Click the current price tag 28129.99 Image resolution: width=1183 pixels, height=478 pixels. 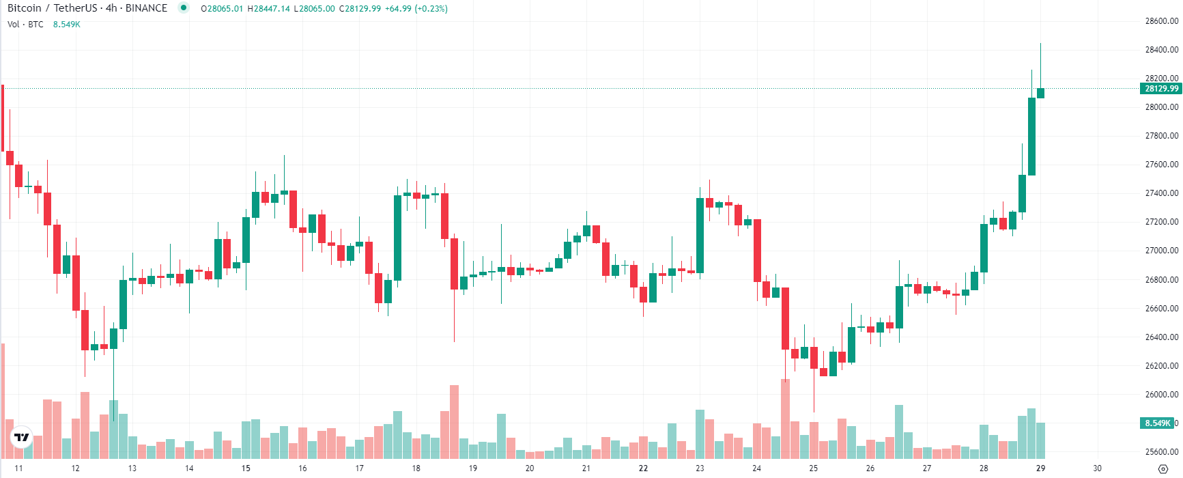click(x=1160, y=89)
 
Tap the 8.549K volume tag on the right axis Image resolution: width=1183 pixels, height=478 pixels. click(x=1158, y=423)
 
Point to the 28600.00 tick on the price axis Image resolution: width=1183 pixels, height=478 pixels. click(x=1161, y=21)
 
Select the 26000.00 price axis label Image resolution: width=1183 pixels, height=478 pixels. click(x=1161, y=395)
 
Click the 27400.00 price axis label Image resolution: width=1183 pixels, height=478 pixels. click(x=1161, y=193)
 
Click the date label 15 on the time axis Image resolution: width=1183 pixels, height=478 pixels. click(x=246, y=468)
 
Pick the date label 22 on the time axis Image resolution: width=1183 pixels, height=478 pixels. click(x=643, y=468)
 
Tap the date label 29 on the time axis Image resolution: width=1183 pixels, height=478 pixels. click(x=1040, y=468)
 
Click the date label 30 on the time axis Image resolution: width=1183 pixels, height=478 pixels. click(x=1097, y=468)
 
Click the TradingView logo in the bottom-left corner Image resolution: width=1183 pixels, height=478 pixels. click(x=22, y=437)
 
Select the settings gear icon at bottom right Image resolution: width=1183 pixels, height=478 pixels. click(x=1163, y=469)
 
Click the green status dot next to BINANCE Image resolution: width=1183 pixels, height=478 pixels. click(x=183, y=8)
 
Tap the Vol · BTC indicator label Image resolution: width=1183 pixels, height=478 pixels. click(x=25, y=25)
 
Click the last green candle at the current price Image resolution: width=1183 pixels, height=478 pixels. click(x=1040, y=93)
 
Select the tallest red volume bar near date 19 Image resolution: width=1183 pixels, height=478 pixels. click(x=454, y=421)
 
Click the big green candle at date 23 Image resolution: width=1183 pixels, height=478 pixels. click(x=700, y=236)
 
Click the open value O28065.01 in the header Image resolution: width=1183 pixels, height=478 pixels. click(x=222, y=9)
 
